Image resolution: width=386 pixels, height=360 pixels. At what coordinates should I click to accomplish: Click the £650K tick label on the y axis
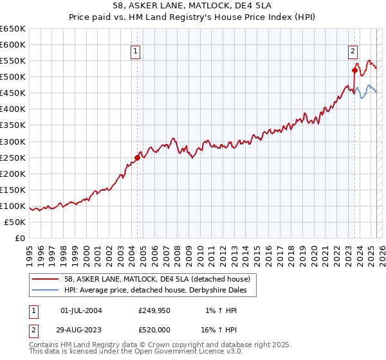pos(13,29)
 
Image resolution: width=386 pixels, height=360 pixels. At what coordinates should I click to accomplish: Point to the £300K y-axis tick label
pos(13,141)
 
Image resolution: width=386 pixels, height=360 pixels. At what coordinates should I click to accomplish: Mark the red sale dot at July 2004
pos(137,157)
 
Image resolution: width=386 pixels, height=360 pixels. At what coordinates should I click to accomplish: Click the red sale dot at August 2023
pos(354,71)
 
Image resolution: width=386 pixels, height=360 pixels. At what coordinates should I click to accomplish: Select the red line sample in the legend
pos(46,279)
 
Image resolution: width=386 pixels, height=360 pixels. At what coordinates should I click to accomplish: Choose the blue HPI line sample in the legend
pos(46,291)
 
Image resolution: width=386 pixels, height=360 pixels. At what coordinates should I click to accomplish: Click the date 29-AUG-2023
pos(81,328)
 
